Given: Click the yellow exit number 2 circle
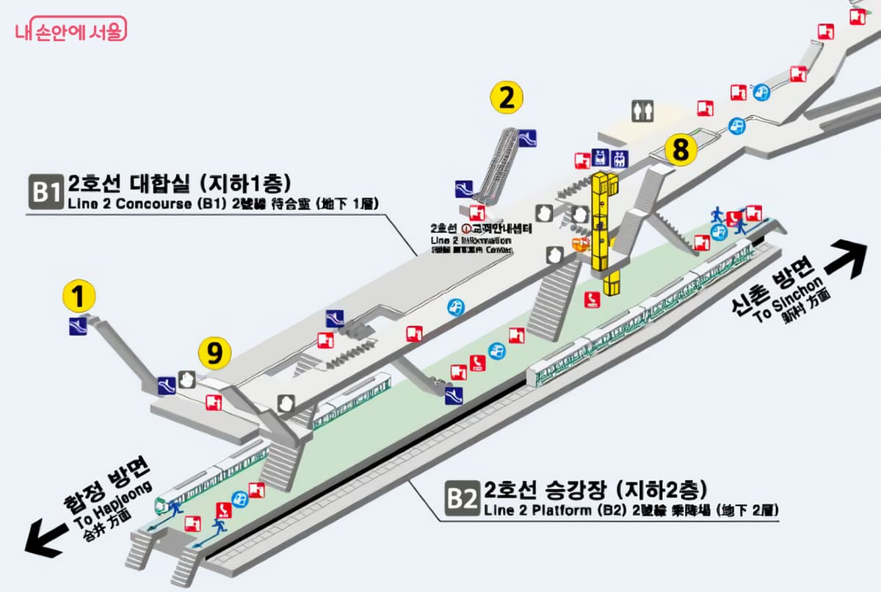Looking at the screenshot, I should pos(506,98).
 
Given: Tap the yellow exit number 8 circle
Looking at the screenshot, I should pos(681,151).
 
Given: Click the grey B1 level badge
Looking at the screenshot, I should pos(46,192).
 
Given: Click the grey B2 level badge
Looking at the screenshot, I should pos(463,499).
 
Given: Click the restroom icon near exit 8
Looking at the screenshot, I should pos(642,110).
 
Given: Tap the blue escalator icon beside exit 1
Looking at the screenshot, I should pos(78,327).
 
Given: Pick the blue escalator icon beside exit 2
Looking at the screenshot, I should pos(526,137).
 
